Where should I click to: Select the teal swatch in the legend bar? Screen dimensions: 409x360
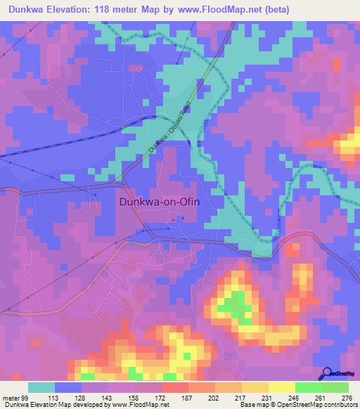tap(41, 387)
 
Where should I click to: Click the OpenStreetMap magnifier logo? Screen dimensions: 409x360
tap(328, 372)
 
